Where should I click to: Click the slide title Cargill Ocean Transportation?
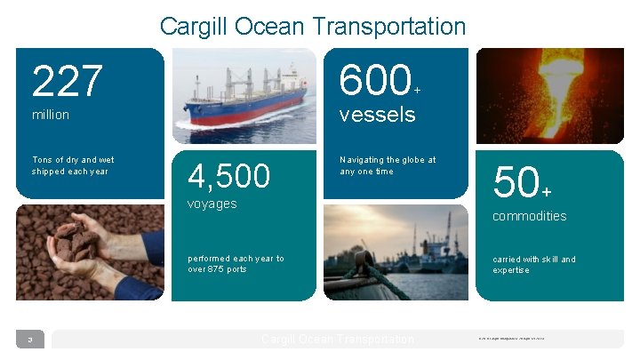(x=313, y=27)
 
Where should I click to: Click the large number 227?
(x=68, y=83)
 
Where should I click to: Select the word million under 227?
(x=51, y=116)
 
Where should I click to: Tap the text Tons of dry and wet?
(x=72, y=160)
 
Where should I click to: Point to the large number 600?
(x=372, y=82)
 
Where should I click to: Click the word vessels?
(x=377, y=115)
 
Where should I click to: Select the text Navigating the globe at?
(x=388, y=160)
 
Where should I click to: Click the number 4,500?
(x=228, y=176)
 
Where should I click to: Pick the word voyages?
(x=212, y=204)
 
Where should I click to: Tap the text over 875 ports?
(x=217, y=269)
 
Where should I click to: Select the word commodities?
(x=529, y=216)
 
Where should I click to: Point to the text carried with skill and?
(x=533, y=260)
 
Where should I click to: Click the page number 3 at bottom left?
(x=29, y=340)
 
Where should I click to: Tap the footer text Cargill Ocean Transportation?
(x=338, y=340)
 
